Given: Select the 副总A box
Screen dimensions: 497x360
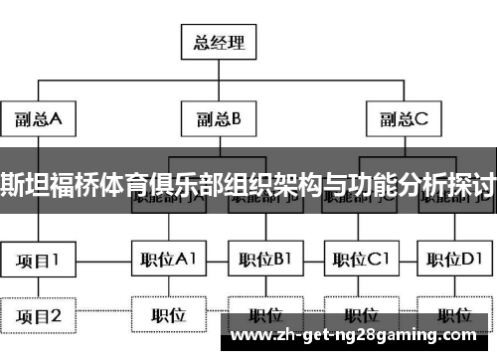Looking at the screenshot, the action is (x=38, y=120).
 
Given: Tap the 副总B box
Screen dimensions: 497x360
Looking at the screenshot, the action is (x=219, y=120).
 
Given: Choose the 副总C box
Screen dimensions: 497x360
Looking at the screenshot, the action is (x=403, y=120).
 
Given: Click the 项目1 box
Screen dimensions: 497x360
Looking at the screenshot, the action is (x=38, y=261).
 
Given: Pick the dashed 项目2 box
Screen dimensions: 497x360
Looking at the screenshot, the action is (x=38, y=315).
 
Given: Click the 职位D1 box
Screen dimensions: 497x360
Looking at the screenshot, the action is (x=453, y=261).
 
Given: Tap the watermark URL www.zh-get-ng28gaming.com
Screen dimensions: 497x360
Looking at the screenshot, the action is (x=359, y=331).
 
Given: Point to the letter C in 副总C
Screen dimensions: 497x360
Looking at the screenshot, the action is (x=421, y=120).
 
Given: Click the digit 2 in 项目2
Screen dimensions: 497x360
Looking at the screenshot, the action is (x=56, y=315).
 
